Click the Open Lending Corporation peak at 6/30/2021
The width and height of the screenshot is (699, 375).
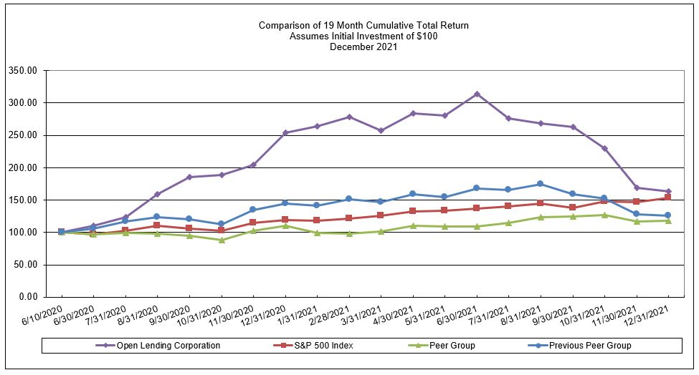pos(477,94)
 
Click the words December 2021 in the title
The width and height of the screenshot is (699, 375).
pos(363,47)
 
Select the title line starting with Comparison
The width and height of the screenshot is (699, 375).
pos(363,26)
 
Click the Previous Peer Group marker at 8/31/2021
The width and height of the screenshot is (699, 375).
pos(540,184)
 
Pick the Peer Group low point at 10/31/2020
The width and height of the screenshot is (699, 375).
pos(222,240)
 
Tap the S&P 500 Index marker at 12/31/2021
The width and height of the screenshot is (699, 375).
pos(668,198)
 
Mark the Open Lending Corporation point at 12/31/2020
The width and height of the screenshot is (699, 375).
pos(285,132)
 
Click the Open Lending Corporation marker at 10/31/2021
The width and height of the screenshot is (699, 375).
pos(604,148)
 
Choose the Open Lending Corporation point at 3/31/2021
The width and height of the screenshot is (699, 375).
pos(381,130)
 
